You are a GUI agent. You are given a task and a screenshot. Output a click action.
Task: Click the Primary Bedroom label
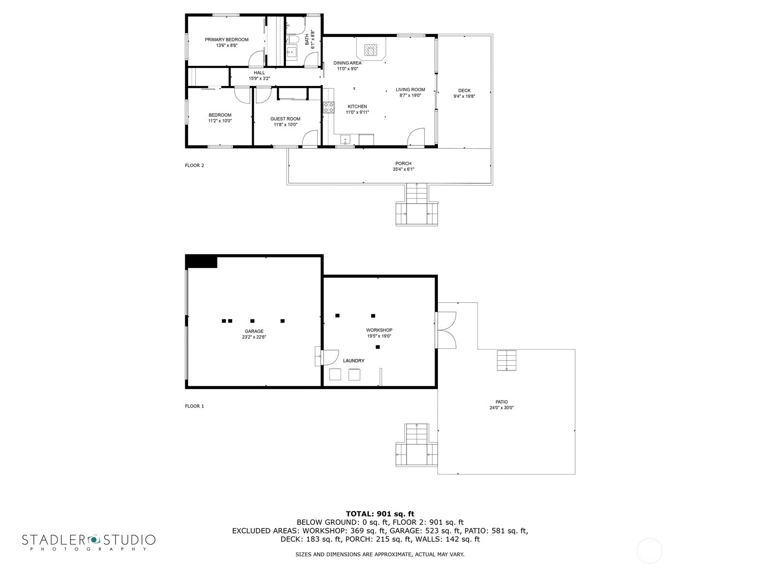(227, 39)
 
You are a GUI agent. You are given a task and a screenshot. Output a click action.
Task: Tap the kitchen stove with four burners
(329, 107)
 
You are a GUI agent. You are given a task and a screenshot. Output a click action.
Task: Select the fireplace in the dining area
(371, 49)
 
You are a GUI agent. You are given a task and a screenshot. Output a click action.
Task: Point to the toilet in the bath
(291, 39)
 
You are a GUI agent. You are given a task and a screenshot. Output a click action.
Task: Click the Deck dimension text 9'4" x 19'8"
(464, 96)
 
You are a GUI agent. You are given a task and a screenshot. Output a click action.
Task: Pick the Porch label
(403, 163)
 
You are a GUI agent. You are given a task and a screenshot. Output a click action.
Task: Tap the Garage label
(254, 331)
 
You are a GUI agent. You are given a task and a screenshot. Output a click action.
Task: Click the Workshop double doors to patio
(446, 330)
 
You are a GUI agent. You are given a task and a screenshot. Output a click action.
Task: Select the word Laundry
(353, 361)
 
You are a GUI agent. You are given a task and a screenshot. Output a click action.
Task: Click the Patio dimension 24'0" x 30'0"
(501, 408)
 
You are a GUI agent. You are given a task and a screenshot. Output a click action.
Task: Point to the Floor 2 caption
(194, 165)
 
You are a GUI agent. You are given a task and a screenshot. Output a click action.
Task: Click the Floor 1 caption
(194, 406)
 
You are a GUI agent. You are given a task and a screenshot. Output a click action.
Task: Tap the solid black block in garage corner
(201, 261)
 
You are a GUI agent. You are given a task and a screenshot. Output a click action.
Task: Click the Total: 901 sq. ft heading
(380, 514)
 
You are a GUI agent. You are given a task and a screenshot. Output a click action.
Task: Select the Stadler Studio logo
(89, 542)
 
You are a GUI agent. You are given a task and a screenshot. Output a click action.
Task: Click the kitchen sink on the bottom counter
(345, 140)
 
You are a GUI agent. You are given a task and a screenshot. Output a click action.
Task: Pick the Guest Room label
(285, 119)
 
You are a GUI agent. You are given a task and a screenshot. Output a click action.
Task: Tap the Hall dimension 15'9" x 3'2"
(259, 78)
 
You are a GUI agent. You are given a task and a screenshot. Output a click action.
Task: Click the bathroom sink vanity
(292, 53)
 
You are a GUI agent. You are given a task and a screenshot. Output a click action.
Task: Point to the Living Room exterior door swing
(416, 137)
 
